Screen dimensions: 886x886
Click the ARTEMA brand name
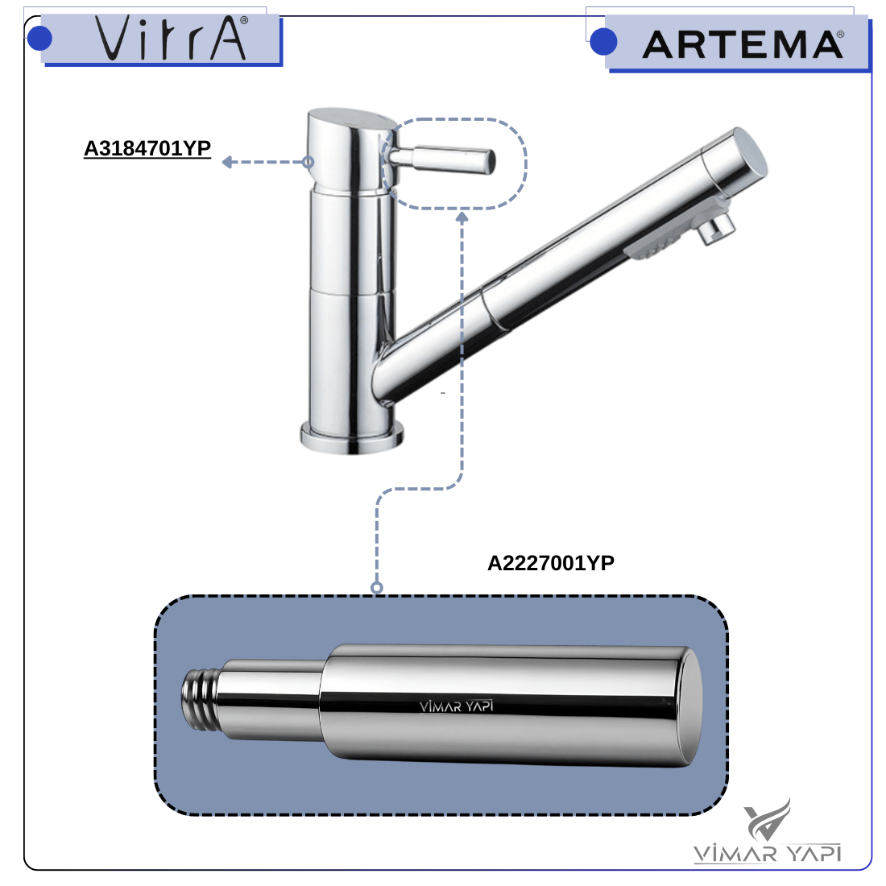click(x=743, y=44)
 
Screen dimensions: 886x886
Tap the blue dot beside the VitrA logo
click(x=39, y=39)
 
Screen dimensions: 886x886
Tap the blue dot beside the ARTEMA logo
click(x=603, y=42)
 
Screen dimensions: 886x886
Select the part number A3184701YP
click(x=147, y=148)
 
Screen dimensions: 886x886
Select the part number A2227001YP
click(x=551, y=563)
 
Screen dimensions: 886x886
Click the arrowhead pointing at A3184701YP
click(x=228, y=162)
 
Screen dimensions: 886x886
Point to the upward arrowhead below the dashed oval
click(x=462, y=217)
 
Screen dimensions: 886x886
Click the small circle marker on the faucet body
click(x=308, y=162)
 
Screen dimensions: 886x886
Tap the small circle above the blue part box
click(x=377, y=588)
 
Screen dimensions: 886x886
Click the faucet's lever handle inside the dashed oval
click(x=441, y=160)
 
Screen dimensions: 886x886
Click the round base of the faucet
click(x=351, y=438)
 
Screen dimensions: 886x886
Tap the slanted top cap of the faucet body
click(x=351, y=118)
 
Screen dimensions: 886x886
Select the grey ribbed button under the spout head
click(x=652, y=246)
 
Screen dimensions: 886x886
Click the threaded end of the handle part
click(x=200, y=698)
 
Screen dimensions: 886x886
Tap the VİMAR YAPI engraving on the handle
click(x=457, y=706)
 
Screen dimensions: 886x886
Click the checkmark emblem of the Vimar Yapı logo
click(x=767, y=820)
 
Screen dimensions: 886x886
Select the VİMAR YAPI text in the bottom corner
click(x=768, y=853)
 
